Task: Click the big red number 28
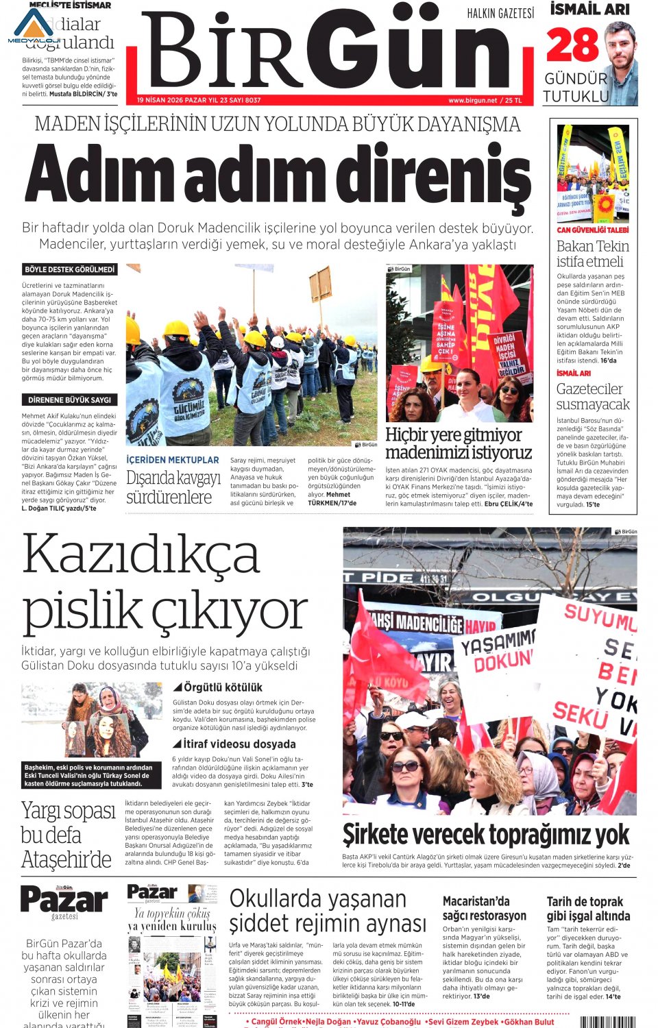(x=572, y=46)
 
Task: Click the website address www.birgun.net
(x=472, y=100)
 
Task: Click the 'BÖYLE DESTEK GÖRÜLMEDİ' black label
(x=69, y=270)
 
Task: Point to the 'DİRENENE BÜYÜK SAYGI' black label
(x=69, y=400)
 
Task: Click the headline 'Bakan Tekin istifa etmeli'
(x=592, y=254)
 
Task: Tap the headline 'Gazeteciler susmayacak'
(x=592, y=397)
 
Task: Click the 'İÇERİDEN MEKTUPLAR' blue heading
(x=173, y=460)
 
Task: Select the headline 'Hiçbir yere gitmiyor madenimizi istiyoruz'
(x=458, y=443)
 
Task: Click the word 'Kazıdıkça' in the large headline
(x=141, y=554)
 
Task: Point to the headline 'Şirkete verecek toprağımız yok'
(x=485, y=835)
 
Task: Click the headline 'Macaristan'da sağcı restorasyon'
(x=484, y=909)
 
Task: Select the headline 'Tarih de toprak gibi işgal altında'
(x=588, y=909)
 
